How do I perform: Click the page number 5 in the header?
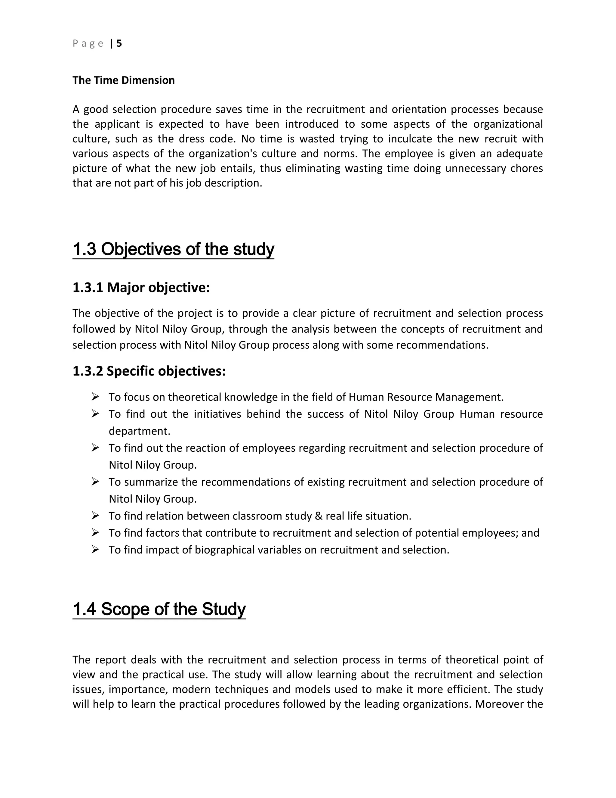119,43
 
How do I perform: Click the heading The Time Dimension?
123,80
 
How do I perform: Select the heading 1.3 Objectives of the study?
173,249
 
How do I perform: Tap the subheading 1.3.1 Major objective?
141,288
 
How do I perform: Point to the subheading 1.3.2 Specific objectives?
149,371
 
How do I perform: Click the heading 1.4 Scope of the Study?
159,609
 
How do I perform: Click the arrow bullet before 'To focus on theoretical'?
95,397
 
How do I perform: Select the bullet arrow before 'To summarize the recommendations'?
95,482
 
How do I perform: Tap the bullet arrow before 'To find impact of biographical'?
95,550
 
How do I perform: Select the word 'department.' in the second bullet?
139,431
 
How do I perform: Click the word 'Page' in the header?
88,43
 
